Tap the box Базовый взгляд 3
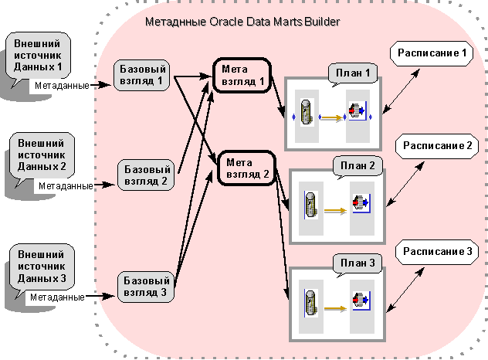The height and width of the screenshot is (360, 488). point(144,286)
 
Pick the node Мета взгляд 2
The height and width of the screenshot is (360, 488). point(244,168)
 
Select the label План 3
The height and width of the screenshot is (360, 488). point(356,264)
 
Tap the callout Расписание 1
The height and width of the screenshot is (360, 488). point(432,53)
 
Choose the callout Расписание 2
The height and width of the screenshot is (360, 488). point(437,145)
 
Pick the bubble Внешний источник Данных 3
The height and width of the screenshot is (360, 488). point(43,266)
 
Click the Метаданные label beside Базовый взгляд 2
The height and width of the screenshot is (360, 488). point(66,185)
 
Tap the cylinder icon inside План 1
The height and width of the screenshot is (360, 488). point(307,113)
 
